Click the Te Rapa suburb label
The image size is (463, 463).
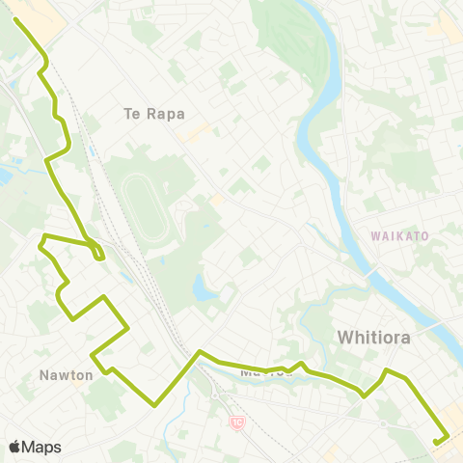tap(154, 114)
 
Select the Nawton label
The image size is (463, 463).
tap(67, 374)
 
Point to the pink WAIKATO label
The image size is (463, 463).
tap(398, 234)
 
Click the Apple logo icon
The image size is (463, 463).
tap(14, 447)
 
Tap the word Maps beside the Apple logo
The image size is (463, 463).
tap(41, 447)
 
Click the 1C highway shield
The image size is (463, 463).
tap(236, 422)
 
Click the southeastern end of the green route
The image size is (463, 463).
tap(436, 443)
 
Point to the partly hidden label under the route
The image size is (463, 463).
tap(259, 369)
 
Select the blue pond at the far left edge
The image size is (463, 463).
tap(3, 177)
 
